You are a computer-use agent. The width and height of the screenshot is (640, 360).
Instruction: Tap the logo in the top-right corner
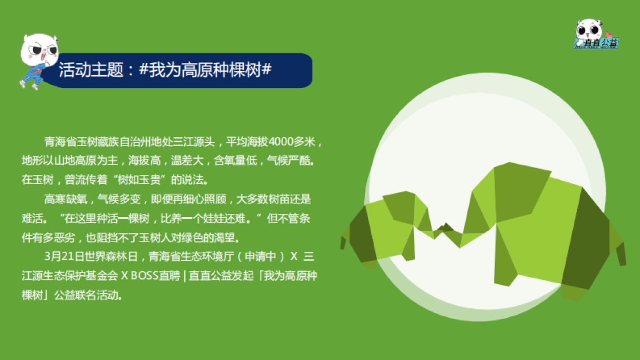click(596, 34)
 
